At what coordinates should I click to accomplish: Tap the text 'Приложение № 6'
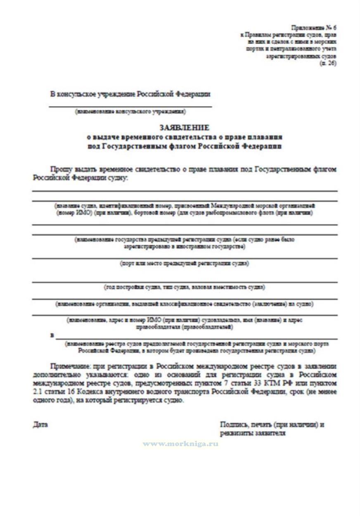314,28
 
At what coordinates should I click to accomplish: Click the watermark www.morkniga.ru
180,444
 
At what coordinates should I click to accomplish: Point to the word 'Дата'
40,424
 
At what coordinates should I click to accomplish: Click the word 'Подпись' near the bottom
233,424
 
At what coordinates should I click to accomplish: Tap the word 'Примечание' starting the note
68,366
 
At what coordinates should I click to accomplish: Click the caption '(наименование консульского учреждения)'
130,112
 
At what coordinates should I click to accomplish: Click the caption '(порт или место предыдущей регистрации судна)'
184,263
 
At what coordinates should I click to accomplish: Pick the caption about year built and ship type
184,287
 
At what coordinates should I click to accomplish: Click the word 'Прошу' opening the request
59,169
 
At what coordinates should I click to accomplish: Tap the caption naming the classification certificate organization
184,304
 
